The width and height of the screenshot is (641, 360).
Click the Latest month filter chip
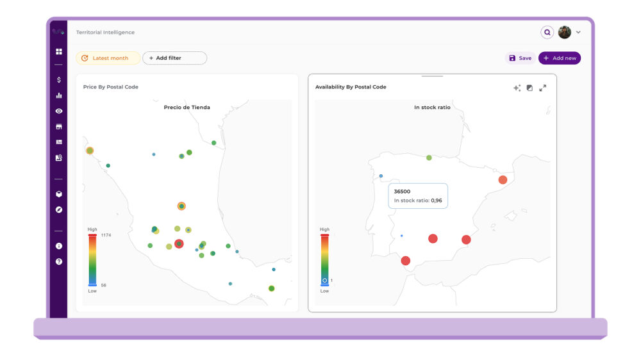pos(108,58)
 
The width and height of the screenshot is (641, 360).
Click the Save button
pos(520,58)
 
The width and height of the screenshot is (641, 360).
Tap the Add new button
pos(560,58)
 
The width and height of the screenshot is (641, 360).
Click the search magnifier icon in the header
pos(547,32)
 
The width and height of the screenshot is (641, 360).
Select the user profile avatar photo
pos(565,32)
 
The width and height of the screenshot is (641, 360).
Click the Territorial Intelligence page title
pos(105,32)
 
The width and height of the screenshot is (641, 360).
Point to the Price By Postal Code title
pos(111,87)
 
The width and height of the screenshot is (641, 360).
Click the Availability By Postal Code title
pos(351,87)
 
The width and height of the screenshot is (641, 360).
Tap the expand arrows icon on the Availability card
pos(543,88)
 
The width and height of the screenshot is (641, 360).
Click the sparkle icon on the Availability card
pos(517,88)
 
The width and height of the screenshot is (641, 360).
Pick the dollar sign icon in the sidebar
pos(59,80)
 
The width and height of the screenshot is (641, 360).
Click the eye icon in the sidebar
pos(59,111)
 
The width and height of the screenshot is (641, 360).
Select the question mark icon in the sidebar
pos(59,261)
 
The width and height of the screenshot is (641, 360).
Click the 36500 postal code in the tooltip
pos(403,192)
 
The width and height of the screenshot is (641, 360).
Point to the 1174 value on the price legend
pos(106,235)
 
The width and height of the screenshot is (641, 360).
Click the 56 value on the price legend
pos(104,285)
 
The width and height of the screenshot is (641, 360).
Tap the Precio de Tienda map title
pos(187,108)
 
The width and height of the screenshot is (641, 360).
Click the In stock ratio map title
pos(432,108)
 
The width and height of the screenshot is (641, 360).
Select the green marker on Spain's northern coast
pos(429,158)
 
